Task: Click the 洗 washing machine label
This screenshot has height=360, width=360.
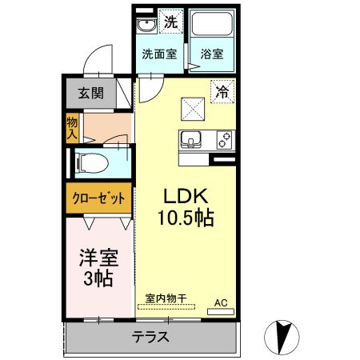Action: [x=170, y=22]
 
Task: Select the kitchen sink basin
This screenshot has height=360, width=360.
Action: [x=191, y=140]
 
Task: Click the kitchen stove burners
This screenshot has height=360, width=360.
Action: [x=225, y=140]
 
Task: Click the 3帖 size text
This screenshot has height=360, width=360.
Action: [x=98, y=279]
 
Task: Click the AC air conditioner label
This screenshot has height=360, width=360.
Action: [x=221, y=302]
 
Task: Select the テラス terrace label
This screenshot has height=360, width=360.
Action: [x=150, y=337]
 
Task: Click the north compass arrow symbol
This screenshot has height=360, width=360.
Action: [x=281, y=335]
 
